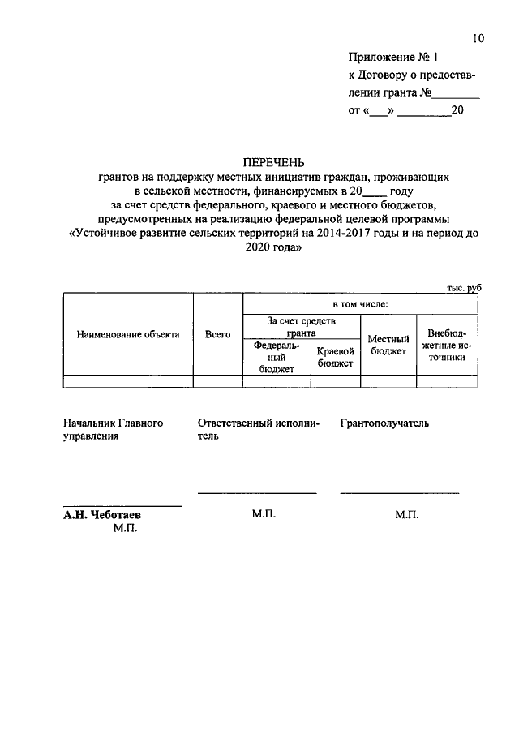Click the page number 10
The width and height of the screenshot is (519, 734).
(478, 38)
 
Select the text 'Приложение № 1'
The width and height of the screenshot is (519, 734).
(392, 58)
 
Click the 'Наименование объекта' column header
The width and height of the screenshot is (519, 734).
(128, 334)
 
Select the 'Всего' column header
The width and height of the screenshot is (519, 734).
(218, 334)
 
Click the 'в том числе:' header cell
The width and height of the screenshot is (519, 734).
(359, 304)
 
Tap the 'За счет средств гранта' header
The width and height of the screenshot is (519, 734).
(301, 327)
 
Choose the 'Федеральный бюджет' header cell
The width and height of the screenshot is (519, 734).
(276, 357)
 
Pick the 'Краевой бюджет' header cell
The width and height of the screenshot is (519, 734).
(335, 357)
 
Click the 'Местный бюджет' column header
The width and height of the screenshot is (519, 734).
(388, 345)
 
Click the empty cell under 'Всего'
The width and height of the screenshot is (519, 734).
(218, 381)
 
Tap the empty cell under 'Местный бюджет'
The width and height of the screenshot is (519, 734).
(388, 381)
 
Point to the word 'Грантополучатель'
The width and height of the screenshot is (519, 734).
(384, 423)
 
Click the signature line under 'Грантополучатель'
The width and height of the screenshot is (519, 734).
(399, 493)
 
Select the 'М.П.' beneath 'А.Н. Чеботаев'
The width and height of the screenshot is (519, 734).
(127, 529)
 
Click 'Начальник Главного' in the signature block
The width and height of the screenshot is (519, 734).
(114, 423)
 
